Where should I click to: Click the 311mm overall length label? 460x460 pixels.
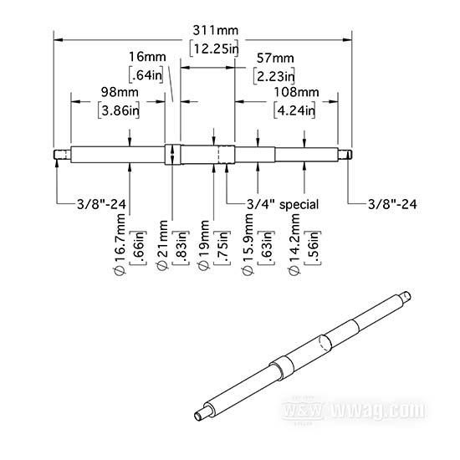coord(215,30)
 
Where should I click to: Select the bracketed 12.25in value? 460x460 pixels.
coord(214,49)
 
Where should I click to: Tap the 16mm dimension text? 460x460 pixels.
coord(147,57)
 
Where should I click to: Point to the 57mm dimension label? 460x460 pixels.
coord(275,59)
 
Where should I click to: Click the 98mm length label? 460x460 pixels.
coord(120,92)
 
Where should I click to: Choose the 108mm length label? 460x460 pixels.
coord(296,92)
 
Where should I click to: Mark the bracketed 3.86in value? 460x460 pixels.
coord(119,110)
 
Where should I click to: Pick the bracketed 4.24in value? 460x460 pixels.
coord(295,110)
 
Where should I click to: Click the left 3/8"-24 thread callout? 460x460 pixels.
coord(101,204)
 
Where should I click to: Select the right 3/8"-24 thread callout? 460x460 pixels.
coord(392,204)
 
